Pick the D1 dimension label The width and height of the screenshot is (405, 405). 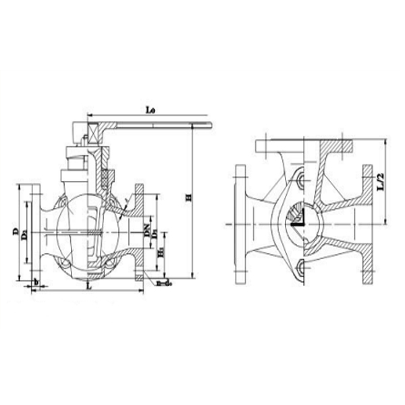pos(154,233)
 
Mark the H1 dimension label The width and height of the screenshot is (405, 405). pos(159,254)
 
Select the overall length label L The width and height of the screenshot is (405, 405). pos(88,286)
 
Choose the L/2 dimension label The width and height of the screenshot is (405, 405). pos(381,180)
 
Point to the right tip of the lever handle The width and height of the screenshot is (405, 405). pos(211,124)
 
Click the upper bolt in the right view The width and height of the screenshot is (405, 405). pos(300,179)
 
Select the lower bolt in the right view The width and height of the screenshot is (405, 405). pos(300,269)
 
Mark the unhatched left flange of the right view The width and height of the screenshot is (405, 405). pos(240,223)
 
